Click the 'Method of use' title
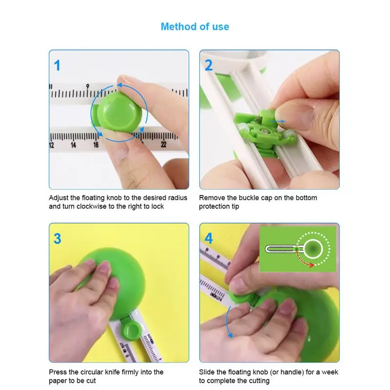click(195, 27)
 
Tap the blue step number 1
click(57, 65)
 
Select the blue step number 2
click(209, 65)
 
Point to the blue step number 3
click(58, 238)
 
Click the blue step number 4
click(209, 238)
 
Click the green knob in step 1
click(117, 112)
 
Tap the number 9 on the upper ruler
click(88, 87)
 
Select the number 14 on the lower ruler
click(74, 145)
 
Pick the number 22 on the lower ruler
click(163, 144)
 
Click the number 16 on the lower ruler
click(96, 145)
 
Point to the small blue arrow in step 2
click(277, 121)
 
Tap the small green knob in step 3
click(131, 331)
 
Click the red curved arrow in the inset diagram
click(302, 260)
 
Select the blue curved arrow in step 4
click(228, 322)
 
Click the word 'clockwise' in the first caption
click(92, 206)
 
